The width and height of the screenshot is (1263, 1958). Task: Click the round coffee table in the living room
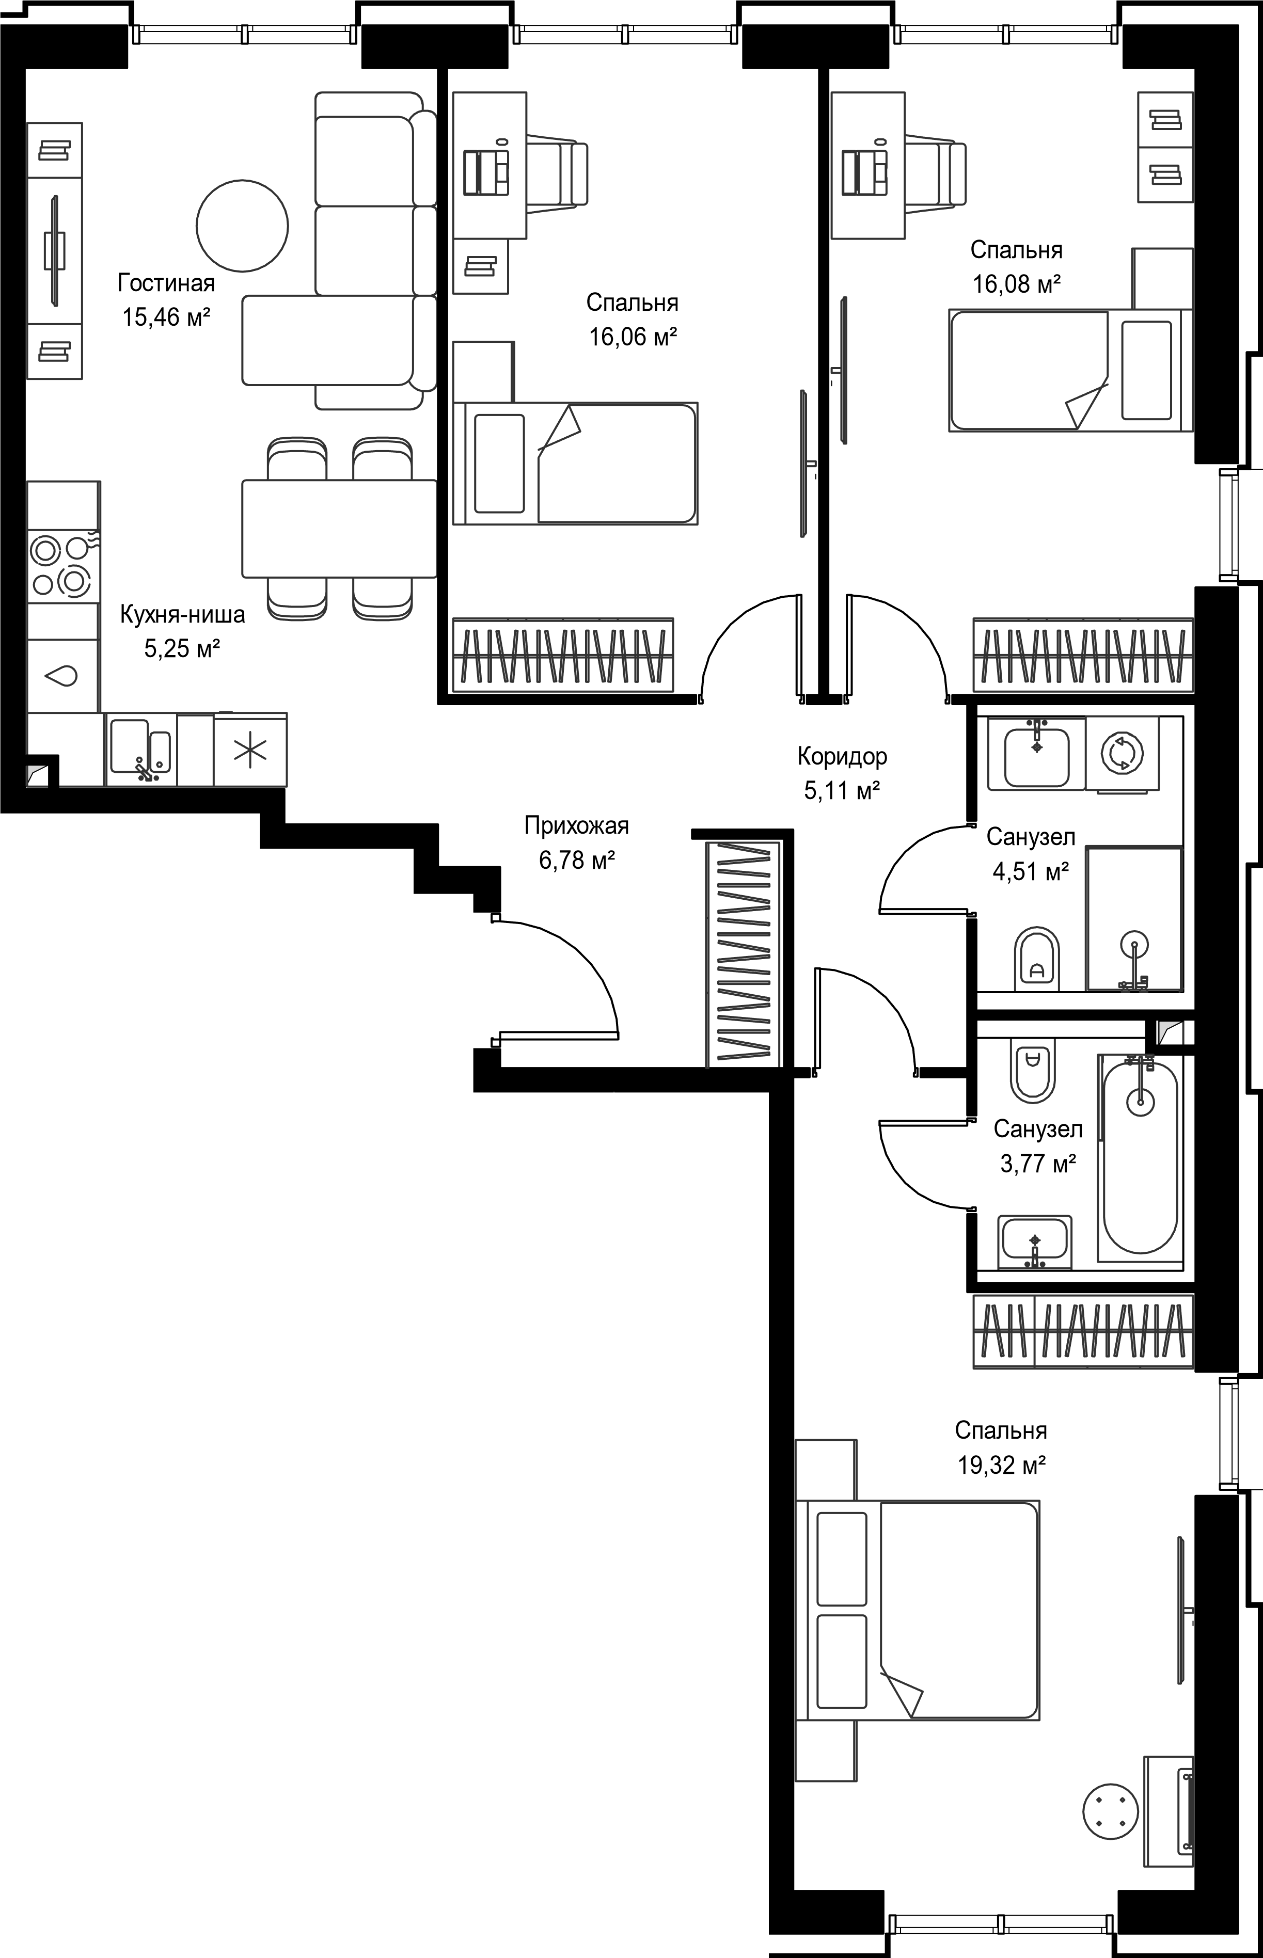[242, 226]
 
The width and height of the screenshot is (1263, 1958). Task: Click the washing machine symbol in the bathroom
[1121, 753]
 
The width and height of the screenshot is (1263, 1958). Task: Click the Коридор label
[842, 756]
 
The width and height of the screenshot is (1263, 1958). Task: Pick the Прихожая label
[577, 825]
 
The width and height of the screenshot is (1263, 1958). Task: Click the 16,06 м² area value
[633, 336]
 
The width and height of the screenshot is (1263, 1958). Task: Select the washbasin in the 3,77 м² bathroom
[1035, 1242]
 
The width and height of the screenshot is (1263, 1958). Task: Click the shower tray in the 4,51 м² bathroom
[1134, 919]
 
